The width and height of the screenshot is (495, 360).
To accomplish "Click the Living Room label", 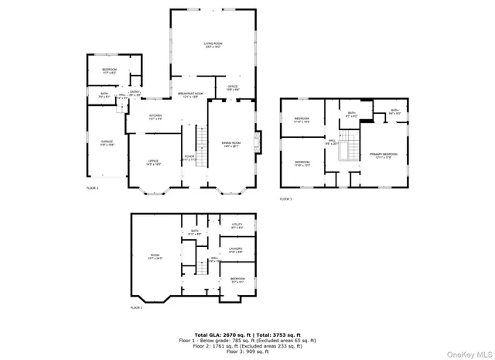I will click(x=213, y=45).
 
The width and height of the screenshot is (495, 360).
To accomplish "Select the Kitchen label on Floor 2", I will click(x=155, y=118).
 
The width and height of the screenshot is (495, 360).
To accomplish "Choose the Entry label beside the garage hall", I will click(x=135, y=94).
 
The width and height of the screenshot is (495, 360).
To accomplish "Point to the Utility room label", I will click(x=237, y=226).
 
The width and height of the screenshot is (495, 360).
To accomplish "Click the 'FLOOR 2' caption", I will click(x=92, y=187).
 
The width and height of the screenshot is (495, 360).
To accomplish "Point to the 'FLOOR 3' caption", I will click(x=286, y=199).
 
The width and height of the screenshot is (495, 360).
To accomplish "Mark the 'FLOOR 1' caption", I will click(x=137, y=308).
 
